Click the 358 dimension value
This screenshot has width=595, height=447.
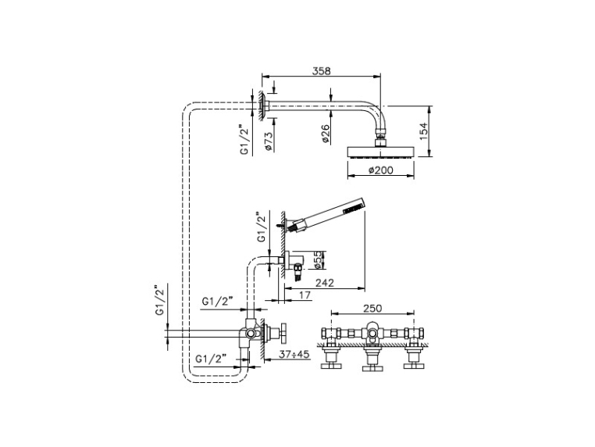click(x=322, y=71)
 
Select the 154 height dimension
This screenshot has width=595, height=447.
click(x=424, y=131)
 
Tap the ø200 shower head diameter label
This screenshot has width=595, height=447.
click(x=380, y=170)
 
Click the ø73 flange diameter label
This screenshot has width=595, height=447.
click(x=269, y=141)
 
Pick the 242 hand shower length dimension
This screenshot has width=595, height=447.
click(x=325, y=283)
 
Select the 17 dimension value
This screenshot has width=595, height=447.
click(x=305, y=295)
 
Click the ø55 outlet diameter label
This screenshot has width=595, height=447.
click(x=319, y=259)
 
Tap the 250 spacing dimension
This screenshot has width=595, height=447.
click(x=372, y=309)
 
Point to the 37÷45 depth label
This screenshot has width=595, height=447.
click(x=294, y=354)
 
